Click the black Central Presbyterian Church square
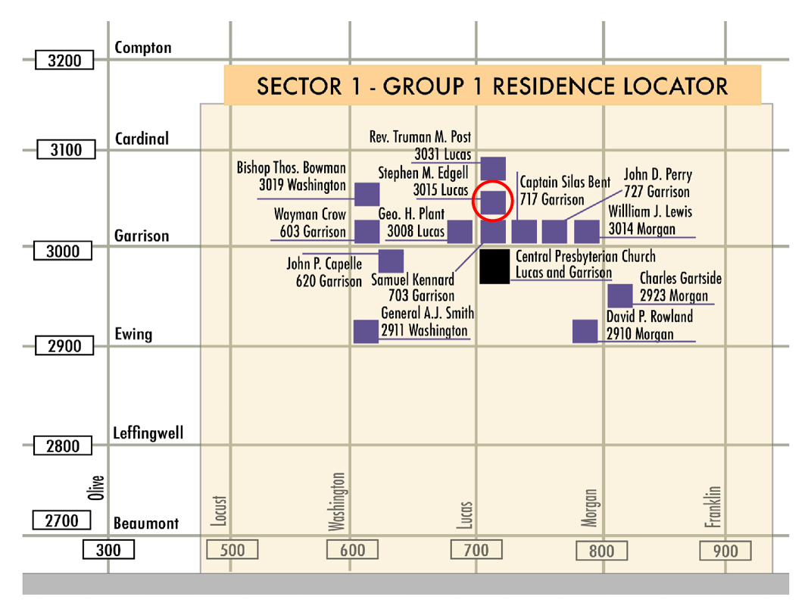coord(494,267)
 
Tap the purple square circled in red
coord(493,202)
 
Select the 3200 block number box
coord(64,61)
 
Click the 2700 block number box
coord(62,520)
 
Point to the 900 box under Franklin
coord(725,551)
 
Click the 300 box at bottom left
coord(108,550)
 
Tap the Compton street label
coord(143,48)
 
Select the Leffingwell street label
coord(148,434)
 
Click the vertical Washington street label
coord(338,502)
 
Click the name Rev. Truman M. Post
coord(420,137)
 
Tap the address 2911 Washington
coord(424,331)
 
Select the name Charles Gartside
coord(680,279)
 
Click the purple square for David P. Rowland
coord(585,332)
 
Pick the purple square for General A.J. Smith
coord(366,332)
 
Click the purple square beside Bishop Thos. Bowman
coord(367,194)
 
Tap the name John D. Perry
coord(657,175)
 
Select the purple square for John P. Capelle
coord(391,261)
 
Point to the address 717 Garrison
coord(552,200)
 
